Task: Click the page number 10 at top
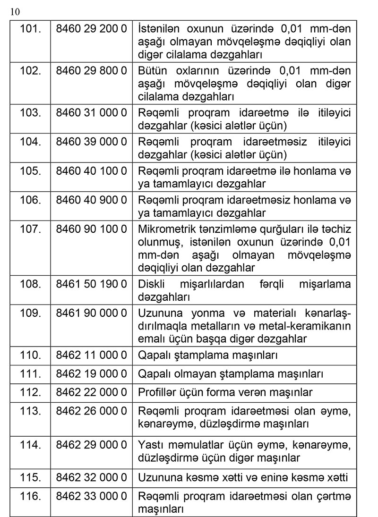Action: click(15, 12)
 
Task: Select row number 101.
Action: click(31, 29)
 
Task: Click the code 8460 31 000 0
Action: click(91, 113)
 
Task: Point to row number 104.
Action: click(31, 142)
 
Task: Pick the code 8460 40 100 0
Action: click(91, 170)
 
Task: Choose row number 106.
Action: click(31, 200)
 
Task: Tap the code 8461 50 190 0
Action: click(91, 284)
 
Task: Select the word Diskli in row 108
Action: click(150, 284)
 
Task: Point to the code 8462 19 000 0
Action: click(91, 374)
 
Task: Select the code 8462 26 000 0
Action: click(91, 411)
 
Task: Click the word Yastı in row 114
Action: click(150, 444)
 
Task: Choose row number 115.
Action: click(31, 477)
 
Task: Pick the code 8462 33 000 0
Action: click(91, 496)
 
